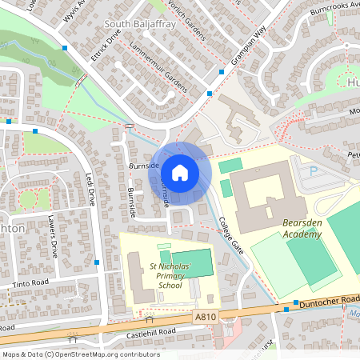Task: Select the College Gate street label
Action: click(x=233, y=239)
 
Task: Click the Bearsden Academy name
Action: click(x=290, y=229)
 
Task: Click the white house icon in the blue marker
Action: click(x=180, y=173)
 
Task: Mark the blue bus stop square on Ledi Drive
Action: click(x=97, y=262)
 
